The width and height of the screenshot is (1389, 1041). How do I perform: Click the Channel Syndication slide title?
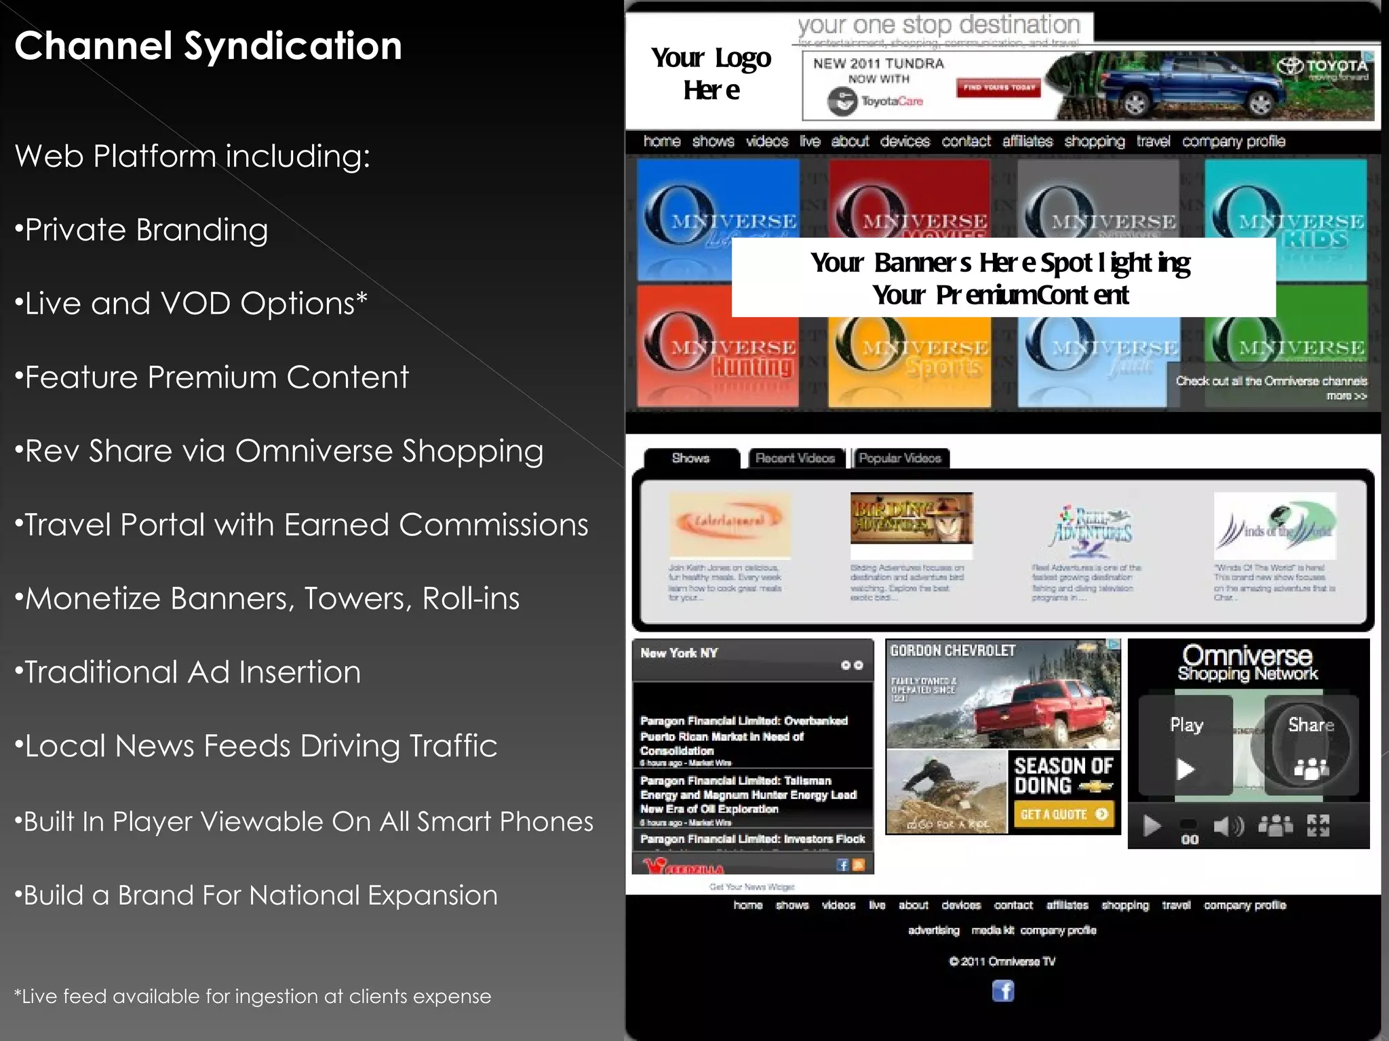208,46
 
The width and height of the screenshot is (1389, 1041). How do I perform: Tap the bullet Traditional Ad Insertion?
188,672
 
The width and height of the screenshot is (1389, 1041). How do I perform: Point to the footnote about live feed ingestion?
252,996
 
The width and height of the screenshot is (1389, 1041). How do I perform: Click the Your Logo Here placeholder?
711,73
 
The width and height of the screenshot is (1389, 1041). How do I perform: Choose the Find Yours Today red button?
999,87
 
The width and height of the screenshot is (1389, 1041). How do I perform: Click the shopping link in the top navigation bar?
1094,141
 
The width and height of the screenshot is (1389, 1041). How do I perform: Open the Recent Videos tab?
796,458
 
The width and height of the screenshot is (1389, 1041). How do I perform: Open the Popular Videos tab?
900,458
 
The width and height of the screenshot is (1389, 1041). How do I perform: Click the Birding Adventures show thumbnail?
911,518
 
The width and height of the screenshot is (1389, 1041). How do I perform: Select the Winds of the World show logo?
1274,525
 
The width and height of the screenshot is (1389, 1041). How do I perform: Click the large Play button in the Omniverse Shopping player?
1186,746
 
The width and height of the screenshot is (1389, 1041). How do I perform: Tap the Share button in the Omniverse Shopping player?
1311,746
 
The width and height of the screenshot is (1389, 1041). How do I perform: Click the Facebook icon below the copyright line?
1003,991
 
